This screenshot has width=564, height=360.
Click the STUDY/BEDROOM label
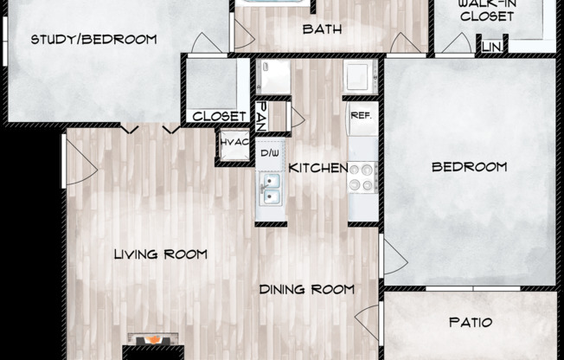[x=93, y=39]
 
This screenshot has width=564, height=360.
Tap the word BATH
[x=322, y=29]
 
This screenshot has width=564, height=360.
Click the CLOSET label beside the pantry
[x=214, y=117]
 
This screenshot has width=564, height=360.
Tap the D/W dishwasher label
[x=270, y=153]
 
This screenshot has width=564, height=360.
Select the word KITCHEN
[x=318, y=168]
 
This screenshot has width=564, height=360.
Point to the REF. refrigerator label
[x=362, y=113]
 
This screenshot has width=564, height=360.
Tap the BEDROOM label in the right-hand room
[x=470, y=166]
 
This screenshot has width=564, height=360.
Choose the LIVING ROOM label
[x=161, y=254]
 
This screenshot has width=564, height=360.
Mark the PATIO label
[x=471, y=323]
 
